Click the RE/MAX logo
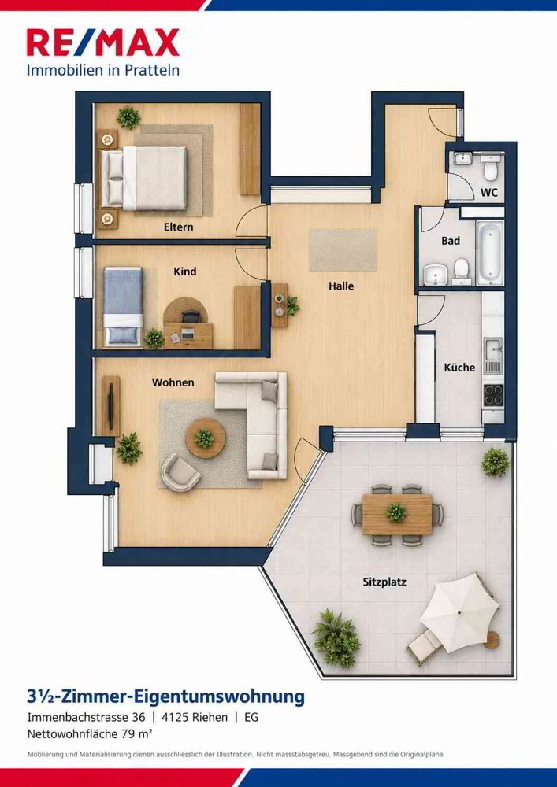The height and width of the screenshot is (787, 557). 103,42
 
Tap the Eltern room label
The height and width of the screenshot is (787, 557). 178,227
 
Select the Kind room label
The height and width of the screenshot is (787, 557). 185,272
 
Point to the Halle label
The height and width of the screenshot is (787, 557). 341,286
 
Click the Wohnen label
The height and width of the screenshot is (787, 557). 173,382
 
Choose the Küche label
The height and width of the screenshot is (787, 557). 459,368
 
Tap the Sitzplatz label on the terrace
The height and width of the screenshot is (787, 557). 384,582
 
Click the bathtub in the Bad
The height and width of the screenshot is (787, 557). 490,253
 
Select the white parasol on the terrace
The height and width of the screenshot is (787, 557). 459,611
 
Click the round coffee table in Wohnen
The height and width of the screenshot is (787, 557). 205,438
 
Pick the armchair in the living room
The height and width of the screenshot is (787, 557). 180,471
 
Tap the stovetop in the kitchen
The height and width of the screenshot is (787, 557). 493,395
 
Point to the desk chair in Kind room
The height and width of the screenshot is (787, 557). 191,316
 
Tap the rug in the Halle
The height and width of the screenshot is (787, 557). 343,250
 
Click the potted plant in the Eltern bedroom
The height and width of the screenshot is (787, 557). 128,117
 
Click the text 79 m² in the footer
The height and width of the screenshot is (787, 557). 136,733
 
